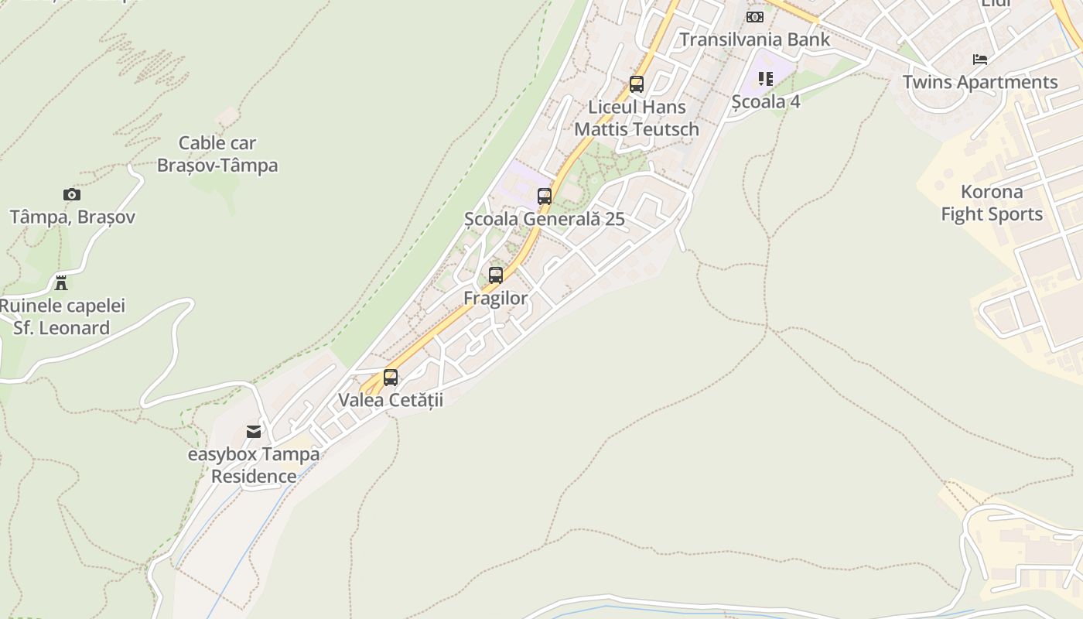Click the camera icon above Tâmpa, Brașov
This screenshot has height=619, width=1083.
(x=71, y=195)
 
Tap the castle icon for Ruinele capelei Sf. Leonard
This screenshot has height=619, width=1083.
(x=61, y=282)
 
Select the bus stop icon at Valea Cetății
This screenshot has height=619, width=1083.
(x=391, y=378)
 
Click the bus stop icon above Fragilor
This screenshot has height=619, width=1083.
(x=496, y=275)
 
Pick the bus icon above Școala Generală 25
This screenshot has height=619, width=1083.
(x=545, y=197)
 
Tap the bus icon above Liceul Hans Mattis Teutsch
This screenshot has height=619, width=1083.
(x=637, y=84)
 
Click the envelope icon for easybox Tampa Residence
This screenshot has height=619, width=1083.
(x=254, y=432)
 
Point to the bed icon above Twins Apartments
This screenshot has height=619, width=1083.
(x=980, y=60)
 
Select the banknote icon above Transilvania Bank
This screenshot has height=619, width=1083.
(x=754, y=17)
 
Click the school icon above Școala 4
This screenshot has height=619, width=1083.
(x=766, y=79)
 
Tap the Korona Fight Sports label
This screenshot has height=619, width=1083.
(x=992, y=203)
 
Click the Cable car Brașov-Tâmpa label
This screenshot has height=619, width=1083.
(x=217, y=154)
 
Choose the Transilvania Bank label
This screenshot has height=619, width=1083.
(x=754, y=39)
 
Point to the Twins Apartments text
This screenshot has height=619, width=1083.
(x=980, y=82)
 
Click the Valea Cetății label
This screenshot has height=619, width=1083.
(x=391, y=400)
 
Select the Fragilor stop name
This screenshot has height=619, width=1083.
(x=496, y=298)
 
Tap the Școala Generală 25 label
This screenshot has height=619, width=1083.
(x=545, y=219)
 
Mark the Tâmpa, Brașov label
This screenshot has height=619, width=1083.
(x=72, y=217)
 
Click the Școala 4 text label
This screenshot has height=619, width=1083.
(x=766, y=101)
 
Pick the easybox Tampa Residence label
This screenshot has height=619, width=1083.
(x=254, y=465)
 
